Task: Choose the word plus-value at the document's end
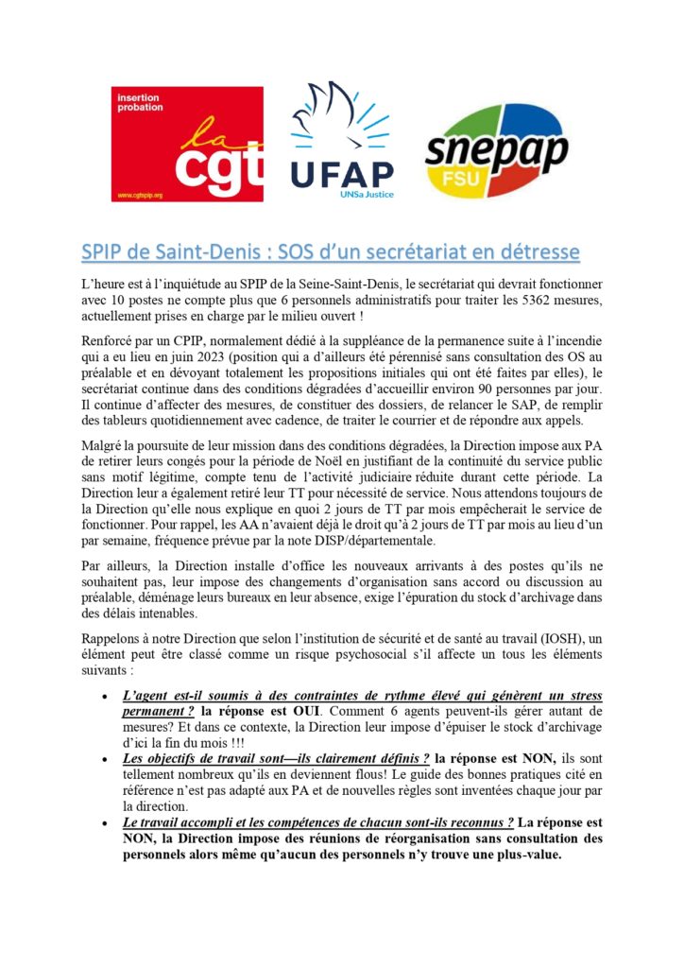click(x=517, y=856)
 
